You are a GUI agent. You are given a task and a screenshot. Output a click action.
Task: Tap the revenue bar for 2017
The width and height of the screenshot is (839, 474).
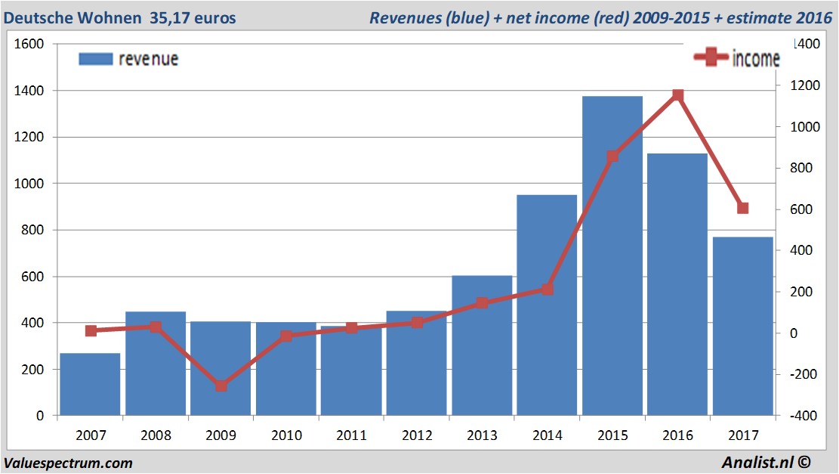pos(742,325)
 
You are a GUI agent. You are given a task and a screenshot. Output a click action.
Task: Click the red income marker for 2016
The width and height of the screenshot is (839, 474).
pos(677,95)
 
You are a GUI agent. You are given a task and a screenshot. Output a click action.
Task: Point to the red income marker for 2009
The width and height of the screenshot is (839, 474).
pos(221,386)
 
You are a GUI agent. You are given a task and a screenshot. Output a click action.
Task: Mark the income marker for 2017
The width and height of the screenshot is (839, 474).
pos(742,208)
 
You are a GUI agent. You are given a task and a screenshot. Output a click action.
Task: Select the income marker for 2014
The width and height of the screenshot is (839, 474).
pos(548,289)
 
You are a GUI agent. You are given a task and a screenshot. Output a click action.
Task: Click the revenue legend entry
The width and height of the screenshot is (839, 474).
pos(128,59)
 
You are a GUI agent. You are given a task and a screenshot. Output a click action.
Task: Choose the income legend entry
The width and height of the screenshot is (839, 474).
pos(736,59)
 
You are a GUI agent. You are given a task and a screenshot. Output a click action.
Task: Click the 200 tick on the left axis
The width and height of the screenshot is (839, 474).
pos(34,369)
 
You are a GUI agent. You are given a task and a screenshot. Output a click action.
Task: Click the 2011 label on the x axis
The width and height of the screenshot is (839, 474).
pos(351,436)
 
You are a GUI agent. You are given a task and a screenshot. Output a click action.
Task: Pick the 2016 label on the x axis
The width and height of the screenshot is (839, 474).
pos(677,436)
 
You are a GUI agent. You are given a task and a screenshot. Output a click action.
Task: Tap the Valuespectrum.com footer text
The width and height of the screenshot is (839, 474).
pos(68,463)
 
